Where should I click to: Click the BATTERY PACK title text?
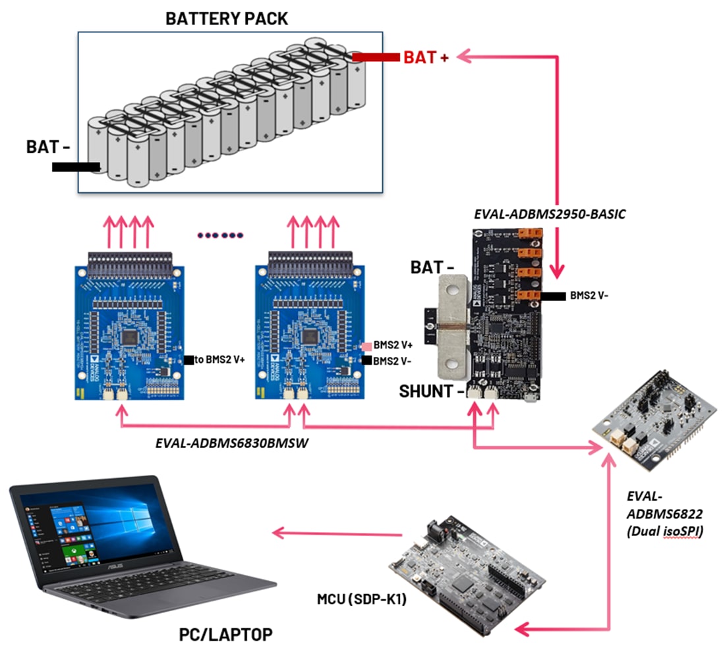(x=226, y=18)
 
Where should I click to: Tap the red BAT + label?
(x=426, y=58)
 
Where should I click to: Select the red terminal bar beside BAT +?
(x=376, y=58)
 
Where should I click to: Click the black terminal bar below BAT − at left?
(x=76, y=167)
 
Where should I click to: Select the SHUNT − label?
(x=432, y=391)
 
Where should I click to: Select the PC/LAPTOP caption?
(x=225, y=635)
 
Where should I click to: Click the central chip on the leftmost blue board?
(x=130, y=336)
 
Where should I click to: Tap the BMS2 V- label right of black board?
(x=589, y=296)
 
